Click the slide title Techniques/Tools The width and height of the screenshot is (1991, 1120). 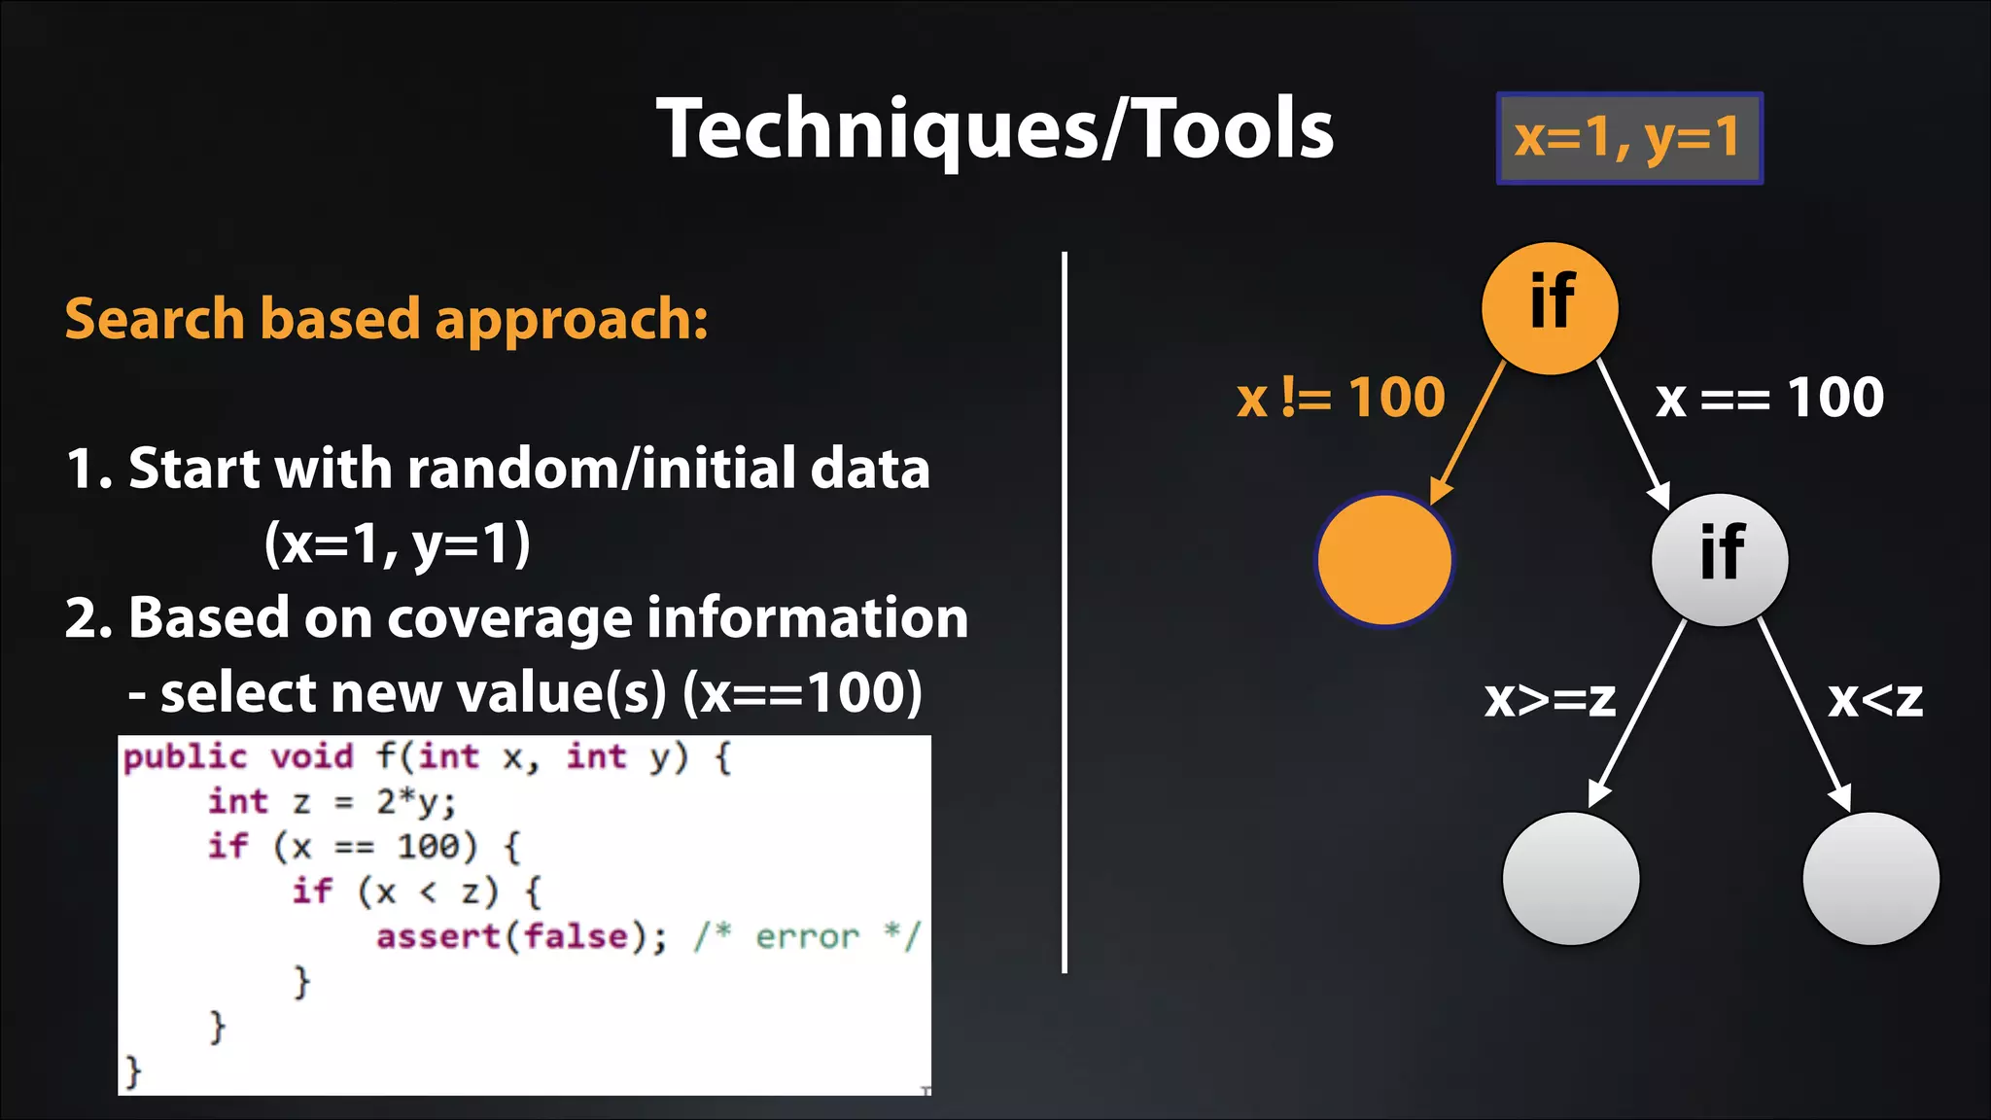(x=995, y=129)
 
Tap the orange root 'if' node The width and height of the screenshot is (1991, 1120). (x=1550, y=307)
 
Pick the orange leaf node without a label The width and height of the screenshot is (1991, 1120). (x=1384, y=560)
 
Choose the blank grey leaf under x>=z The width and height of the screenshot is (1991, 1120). (x=1571, y=878)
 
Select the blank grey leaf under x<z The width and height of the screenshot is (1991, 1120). (x=1870, y=878)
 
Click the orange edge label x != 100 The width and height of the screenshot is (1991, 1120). (x=1341, y=398)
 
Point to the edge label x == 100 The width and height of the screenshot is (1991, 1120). (x=1769, y=398)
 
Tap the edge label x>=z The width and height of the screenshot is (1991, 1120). (x=1550, y=698)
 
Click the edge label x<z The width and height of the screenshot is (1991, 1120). (x=1875, y=698)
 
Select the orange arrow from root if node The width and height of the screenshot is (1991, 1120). (x=1468, y=432)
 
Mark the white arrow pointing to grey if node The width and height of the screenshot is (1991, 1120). (x=1634, y=434)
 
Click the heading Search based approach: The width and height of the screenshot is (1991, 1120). (x=386, y=319)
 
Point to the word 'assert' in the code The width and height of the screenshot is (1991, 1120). (x=437, y=936)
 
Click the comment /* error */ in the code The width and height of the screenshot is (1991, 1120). (x=806, y=936)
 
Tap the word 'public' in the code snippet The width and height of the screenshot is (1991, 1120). (x=185, y=756)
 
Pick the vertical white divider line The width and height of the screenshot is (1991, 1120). (x=1065, y=612)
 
